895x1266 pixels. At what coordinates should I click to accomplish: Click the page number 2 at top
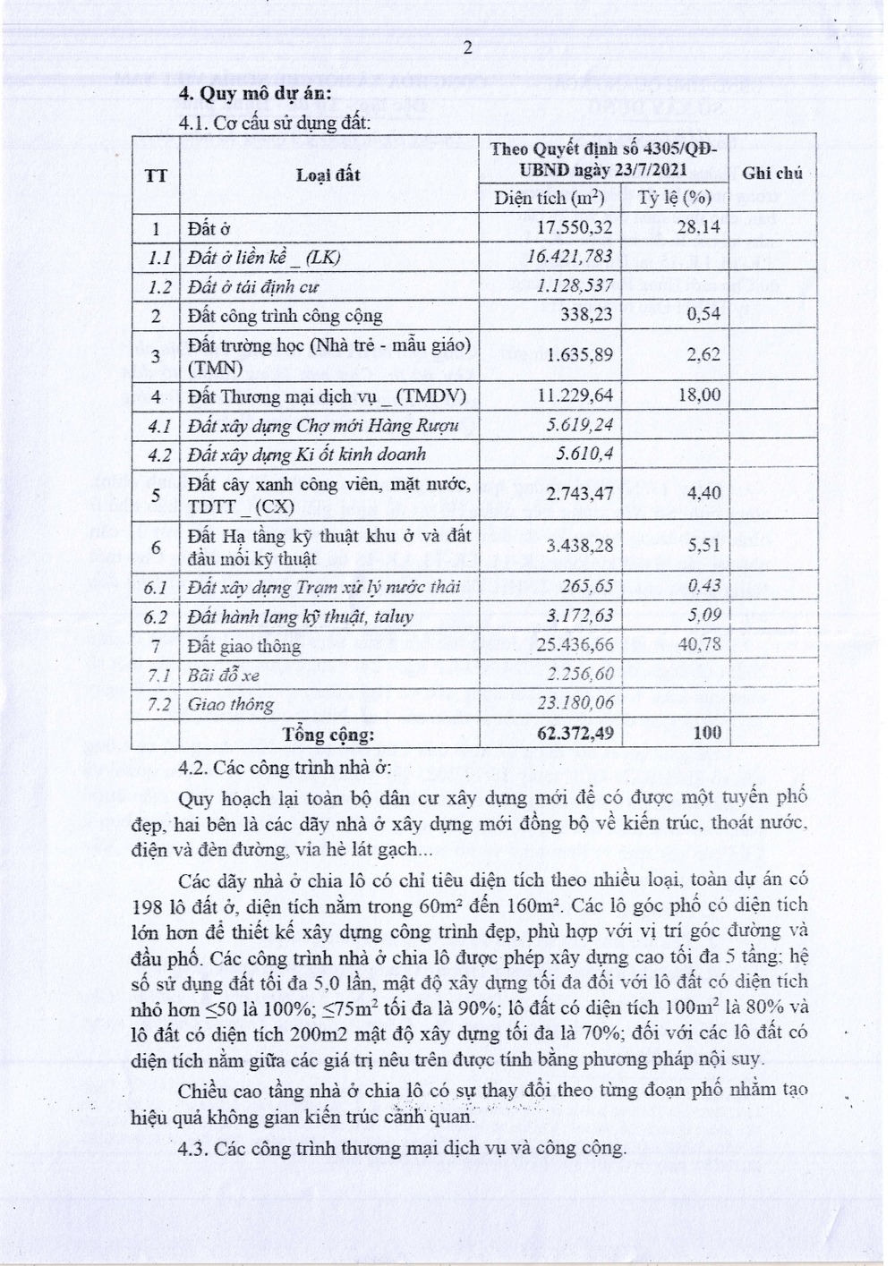466,48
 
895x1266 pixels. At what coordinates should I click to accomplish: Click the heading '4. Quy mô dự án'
255,94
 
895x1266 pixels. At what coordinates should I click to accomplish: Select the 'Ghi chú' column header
771,173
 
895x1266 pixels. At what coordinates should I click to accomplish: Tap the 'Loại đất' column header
328,174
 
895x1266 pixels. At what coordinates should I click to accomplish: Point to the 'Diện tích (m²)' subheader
550,198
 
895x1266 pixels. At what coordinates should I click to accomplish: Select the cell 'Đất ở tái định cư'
253,287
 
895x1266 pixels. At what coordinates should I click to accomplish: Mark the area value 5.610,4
584,454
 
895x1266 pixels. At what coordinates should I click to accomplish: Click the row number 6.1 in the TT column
157,587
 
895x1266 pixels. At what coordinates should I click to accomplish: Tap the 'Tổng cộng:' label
328,735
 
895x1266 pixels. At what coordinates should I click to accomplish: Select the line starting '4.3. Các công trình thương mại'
402,1148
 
